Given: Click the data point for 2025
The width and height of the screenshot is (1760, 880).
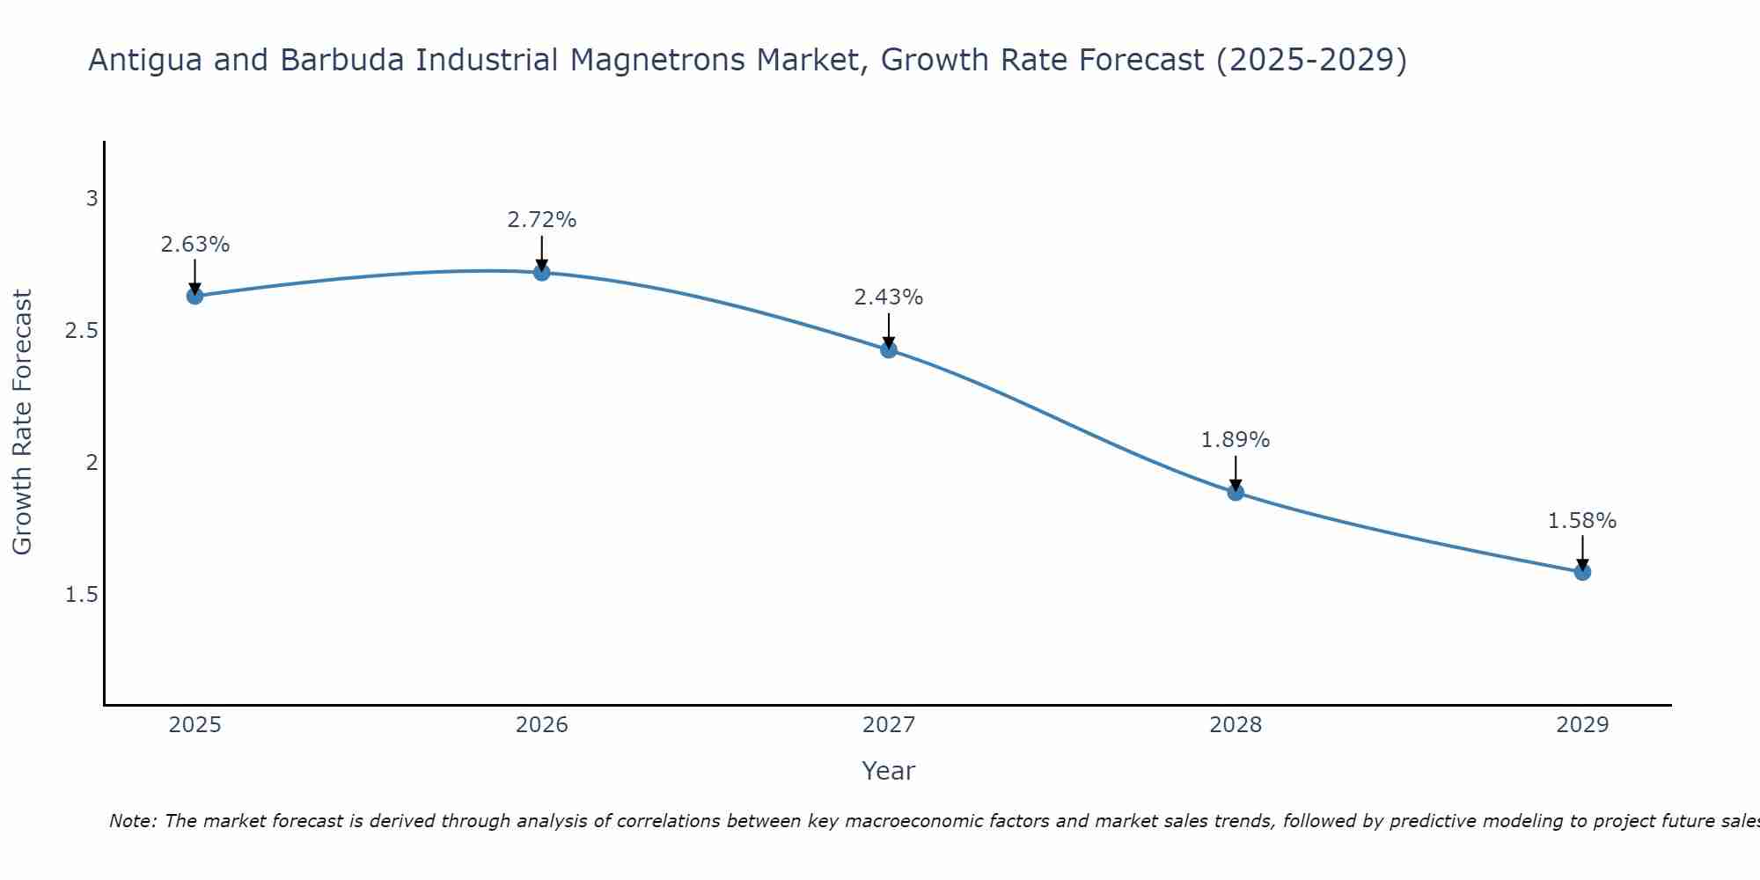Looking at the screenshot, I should pyautogui.click(x=195, y=296).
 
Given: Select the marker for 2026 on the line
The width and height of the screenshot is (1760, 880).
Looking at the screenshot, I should pyautogui.click(x=542, y=273).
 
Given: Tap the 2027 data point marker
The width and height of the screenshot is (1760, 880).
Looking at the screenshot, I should pyautogui.click(x=889, y=349).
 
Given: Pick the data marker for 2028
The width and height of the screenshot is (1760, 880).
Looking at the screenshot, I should pyautogui.click(x=1236, y=492).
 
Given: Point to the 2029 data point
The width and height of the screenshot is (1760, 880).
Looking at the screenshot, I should pyautogui.click(x=1582, y=572).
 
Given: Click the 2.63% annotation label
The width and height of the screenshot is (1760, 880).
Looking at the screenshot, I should pyautogui.click(x=195, y=245).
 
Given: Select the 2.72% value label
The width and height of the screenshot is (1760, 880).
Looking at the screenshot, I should pyautogui.click(x=542, y=220).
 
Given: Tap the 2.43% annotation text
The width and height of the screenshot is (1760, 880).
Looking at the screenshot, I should pyautogui.click(x=889, y=297).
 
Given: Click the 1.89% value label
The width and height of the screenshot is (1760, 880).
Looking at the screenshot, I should pyautogui.click(x=1236, y=440).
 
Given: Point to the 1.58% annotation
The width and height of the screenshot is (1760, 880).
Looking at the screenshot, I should pyautogui.click(x=1582, y=521).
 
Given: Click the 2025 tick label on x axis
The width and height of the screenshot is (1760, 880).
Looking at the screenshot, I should pyautogui.click(x=195, y=725).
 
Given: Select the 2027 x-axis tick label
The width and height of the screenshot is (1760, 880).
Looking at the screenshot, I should pyautogui.click(x=889, y=725).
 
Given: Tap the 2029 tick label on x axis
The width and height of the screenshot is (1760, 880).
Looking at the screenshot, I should pyautogui.click(x=1582, y=725).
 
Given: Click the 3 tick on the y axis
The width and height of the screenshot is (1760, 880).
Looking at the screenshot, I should pyautogui.click(x=92, y=199).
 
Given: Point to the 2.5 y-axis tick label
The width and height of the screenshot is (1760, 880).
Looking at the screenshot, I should pyautogui.click(x=81, y=331).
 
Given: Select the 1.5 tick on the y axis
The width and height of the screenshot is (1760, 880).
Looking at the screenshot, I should pyautogui.click(x=81, y=595).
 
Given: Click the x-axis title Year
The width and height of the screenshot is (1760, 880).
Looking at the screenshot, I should pyautogui.click(x=889, y=771).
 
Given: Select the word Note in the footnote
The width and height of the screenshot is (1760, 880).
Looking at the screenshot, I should pyautogui.click(x=131, y=821).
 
